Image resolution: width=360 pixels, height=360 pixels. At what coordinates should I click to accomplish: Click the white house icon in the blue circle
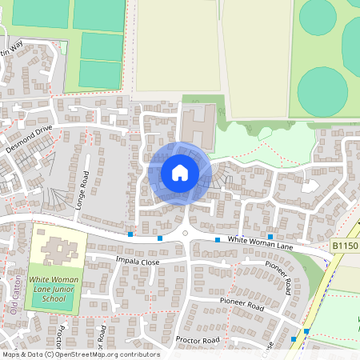pyautogui.click(x=179, y=172)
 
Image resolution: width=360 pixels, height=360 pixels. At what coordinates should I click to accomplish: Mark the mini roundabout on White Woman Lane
pyautogui.click(x=186, y=234)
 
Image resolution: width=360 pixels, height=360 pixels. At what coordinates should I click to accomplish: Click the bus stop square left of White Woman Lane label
pyautogui.click(x=217, y=239)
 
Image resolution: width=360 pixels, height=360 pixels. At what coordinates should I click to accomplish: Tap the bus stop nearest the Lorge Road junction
pyautogui.click(x=130, y=234)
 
